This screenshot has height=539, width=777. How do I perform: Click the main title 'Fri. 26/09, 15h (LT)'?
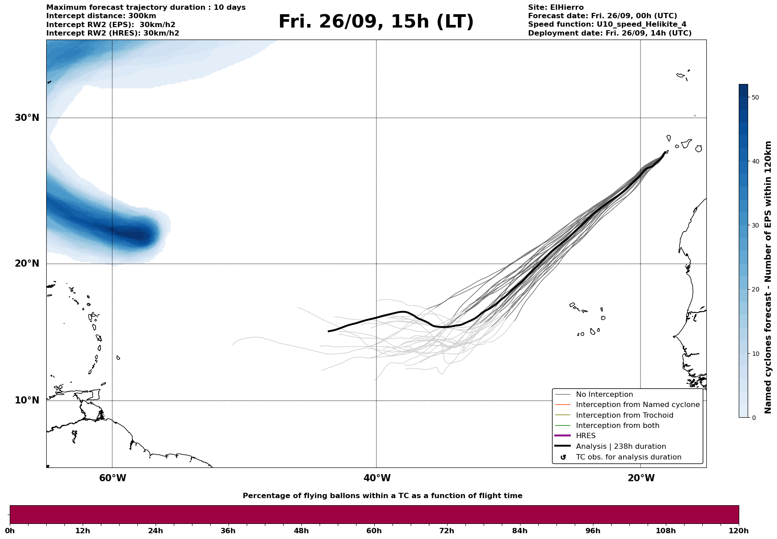coord(376,22)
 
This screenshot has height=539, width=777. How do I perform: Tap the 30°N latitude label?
coord(27,118)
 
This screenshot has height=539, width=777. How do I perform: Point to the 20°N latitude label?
coord(27,264)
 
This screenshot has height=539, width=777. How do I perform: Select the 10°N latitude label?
coord(27,400)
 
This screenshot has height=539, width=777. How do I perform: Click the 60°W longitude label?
coord(112,478)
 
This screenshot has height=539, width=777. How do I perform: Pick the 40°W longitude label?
coord(377,478)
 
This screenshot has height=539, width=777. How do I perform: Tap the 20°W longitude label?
coord(641,478)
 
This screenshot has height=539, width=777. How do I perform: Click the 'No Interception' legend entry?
coord(604,395)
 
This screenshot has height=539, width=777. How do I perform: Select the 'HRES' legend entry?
coord(585,436)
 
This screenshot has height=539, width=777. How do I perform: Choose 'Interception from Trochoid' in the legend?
coord(624,415)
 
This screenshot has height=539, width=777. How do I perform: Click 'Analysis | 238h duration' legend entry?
coord(621,447)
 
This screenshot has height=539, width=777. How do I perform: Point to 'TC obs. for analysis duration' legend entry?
coord(628,457)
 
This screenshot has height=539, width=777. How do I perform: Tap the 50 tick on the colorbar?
coord(754,97)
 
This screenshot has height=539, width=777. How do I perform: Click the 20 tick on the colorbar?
coord(754,290)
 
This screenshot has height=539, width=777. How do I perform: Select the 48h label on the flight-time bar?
coord(301,531)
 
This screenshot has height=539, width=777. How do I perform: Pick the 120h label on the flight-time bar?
coord(739,531)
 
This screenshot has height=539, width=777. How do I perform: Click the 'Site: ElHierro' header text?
coord(556,8)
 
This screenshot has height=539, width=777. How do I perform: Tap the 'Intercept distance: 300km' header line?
coord(101,16)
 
